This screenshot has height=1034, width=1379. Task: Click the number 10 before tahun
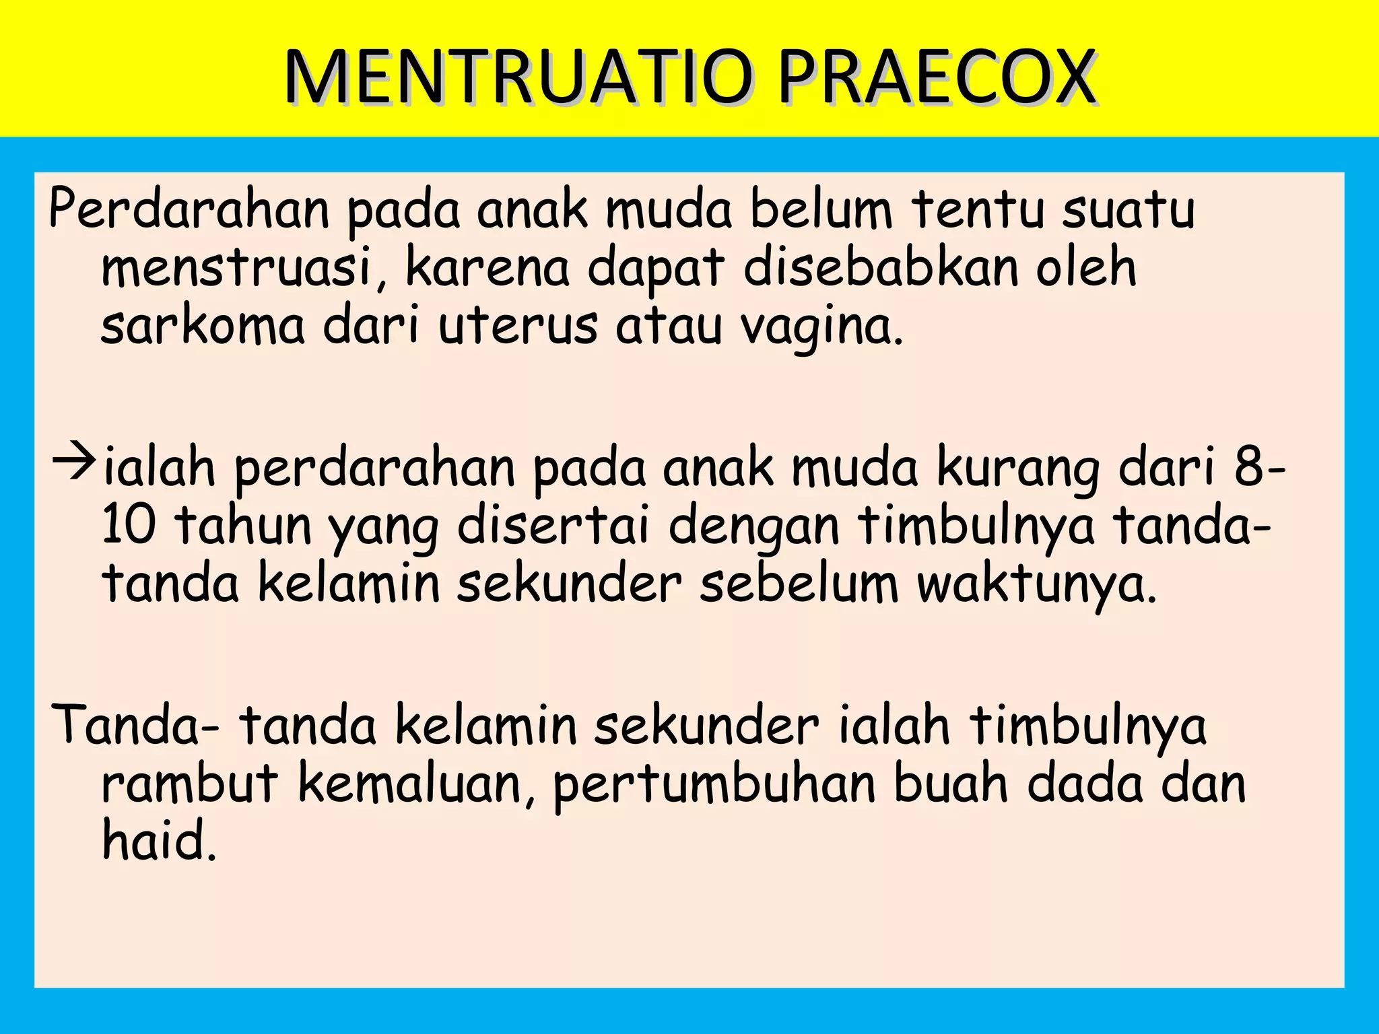129,526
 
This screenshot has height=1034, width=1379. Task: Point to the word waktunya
1037,584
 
